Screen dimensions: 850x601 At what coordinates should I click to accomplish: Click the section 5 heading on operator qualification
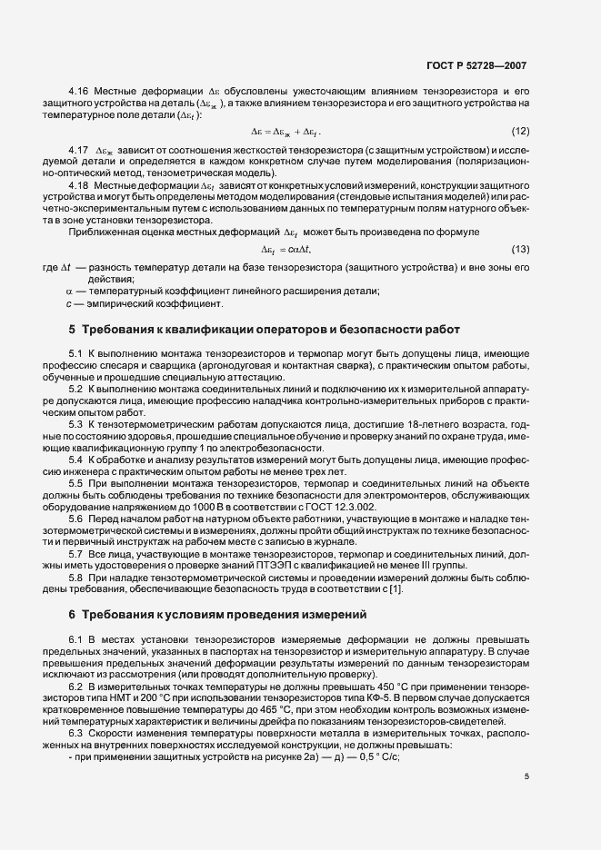(x=264, y=328)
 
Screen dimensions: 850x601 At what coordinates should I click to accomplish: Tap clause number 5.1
(x=75, y=351)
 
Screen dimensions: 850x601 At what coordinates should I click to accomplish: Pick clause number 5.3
(x=75, y=423)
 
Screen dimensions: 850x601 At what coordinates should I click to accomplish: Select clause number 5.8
(x=75, y=578)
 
